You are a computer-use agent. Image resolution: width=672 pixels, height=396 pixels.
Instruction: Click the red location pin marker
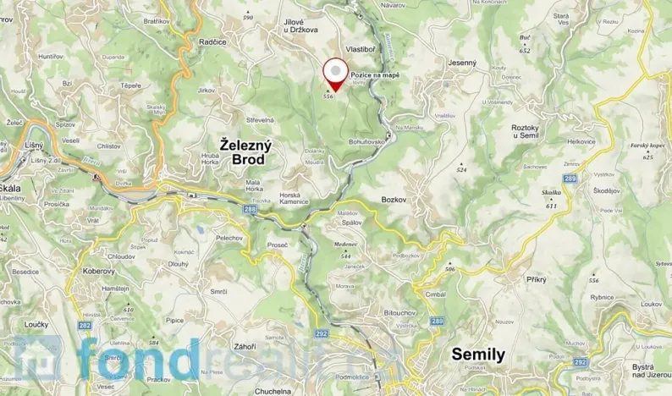[335, 74]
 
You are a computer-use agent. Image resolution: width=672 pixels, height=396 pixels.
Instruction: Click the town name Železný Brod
[245, 151]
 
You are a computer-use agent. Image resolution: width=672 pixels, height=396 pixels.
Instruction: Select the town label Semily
[478, 354]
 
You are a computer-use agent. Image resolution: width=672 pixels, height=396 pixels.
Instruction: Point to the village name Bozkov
[394, 198]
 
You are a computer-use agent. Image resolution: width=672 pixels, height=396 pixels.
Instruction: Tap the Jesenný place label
[464, 62]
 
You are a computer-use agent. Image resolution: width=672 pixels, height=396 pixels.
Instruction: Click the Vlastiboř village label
[361, 49]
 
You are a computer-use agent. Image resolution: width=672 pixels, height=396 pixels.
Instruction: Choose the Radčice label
[211, 41]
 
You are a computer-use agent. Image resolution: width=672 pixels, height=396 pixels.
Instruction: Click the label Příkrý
[536, 278]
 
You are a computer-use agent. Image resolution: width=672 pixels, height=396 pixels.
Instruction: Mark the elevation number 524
[461, 170]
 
